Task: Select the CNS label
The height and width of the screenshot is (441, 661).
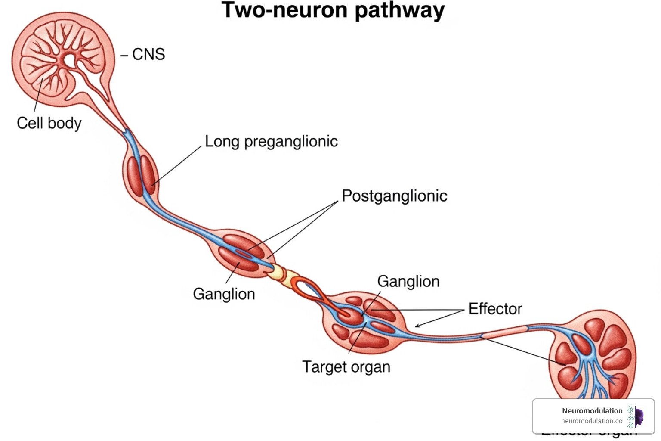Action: click(x=148, y=54)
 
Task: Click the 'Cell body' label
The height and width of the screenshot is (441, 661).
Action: click(x=49, y=123)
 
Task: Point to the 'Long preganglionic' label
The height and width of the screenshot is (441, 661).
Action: click(x=271, y=141)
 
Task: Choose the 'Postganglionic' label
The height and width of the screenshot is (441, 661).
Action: click(x=394, y=196)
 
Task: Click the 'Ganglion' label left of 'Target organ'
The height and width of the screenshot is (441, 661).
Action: click(x=224, y=294)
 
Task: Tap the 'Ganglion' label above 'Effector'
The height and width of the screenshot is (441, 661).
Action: click(x=408, y=282)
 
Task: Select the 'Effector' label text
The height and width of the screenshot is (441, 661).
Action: click(x=495, y=309)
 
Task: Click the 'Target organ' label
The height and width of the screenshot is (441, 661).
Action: click(x=346, y=367)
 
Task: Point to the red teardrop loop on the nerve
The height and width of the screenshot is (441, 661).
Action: click(x=306, y=289)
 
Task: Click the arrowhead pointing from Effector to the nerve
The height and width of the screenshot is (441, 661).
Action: click(x=417, y=326)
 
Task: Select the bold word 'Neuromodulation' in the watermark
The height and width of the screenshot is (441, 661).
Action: click(x=592, y=411)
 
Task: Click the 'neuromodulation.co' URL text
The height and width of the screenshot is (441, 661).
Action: click(x=591, y=421)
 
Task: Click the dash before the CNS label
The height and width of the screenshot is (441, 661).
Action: click(x=124, y=55)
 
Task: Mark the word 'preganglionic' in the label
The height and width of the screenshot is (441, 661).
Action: click(x=291, y=141)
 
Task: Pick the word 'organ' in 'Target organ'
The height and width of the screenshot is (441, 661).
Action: click(x=371, y=367)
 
